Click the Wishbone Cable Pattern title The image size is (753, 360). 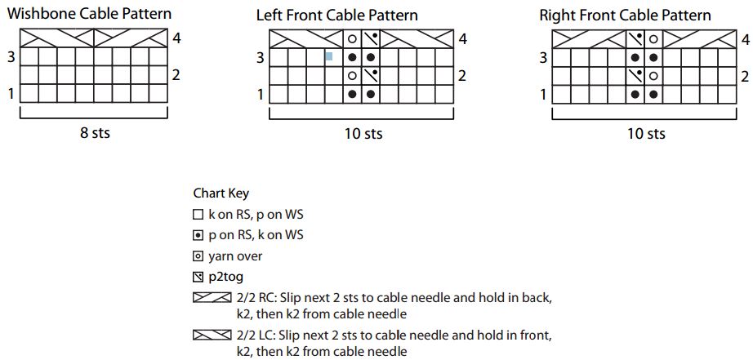pos(89,13)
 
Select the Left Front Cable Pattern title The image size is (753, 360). pos(337,15)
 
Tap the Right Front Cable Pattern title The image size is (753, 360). pos(626,15)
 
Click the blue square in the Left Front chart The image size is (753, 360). pos(329,56)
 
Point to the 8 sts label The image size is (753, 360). pos(95,132)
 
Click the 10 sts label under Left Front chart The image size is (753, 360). pos(363,133)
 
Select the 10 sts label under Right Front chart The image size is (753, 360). pos(646,133)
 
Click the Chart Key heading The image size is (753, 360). pos(221,193)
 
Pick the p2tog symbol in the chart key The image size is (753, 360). pos(198,278)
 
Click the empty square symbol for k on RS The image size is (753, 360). pos(198,216)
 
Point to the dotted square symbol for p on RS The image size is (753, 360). pos(198,236)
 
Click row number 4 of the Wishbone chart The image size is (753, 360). pos(176,38)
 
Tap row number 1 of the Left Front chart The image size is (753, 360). pos(261,95)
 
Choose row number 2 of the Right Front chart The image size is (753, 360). pos(745,76)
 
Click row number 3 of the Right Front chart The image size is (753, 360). pos(543,58)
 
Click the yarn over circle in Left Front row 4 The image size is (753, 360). pos(352,38)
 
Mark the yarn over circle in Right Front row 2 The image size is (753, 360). pos(653,76)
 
